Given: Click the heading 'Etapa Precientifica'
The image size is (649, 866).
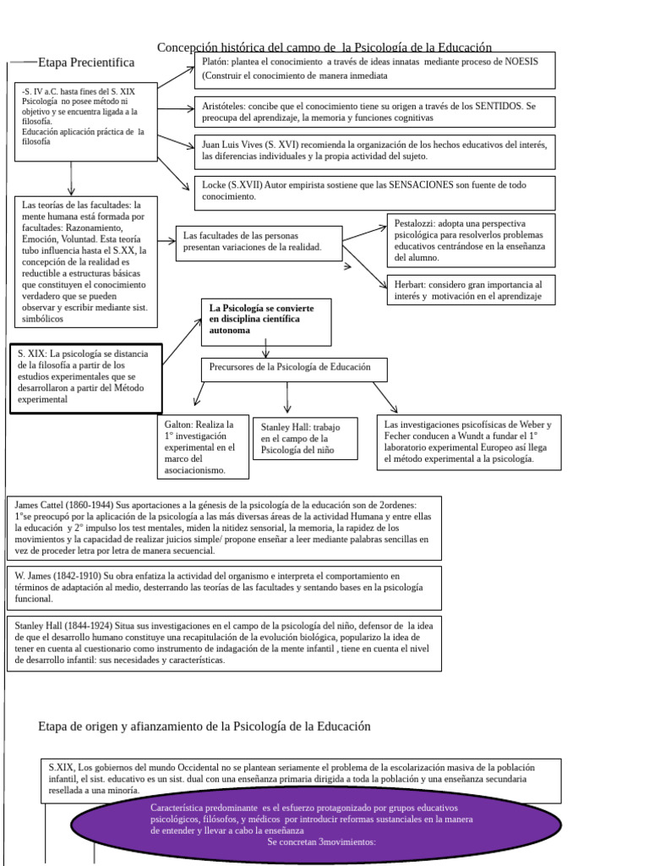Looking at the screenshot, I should [85, 63].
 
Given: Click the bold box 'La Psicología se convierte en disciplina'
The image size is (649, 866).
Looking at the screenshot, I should [266, 321].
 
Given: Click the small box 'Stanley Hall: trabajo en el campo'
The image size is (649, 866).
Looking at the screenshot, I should [305, 438].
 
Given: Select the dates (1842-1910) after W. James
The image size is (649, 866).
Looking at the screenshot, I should [78, 575].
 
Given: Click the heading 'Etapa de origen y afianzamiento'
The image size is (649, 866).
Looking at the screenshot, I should [204, 726].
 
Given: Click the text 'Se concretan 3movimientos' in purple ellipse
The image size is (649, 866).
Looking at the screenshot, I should [321, 842].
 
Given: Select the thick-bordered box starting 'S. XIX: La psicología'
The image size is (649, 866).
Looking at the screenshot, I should [86, 376].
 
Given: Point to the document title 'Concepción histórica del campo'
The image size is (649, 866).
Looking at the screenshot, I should [324, 47].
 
